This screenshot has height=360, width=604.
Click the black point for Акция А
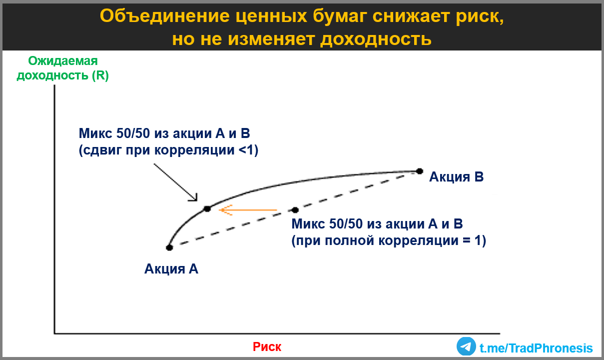point(169,247)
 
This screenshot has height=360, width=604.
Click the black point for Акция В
point(420,171)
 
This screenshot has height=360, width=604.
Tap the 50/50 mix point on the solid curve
point(207,209)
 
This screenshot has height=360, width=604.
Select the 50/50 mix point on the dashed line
point(295,210)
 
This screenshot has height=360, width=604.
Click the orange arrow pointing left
point(248,210)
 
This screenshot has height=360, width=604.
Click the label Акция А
point(171,269)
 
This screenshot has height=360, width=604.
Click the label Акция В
point(457,177)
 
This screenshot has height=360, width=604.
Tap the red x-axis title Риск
point(267,347)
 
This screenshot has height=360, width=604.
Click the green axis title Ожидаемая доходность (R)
point(62,68)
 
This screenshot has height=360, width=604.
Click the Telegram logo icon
point(466,346)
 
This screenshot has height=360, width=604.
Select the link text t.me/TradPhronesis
point(536,348)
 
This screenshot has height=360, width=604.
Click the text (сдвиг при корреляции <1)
point(168,151)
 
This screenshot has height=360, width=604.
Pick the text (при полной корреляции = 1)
point(389,240)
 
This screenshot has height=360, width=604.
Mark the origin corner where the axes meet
point(54,333)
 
